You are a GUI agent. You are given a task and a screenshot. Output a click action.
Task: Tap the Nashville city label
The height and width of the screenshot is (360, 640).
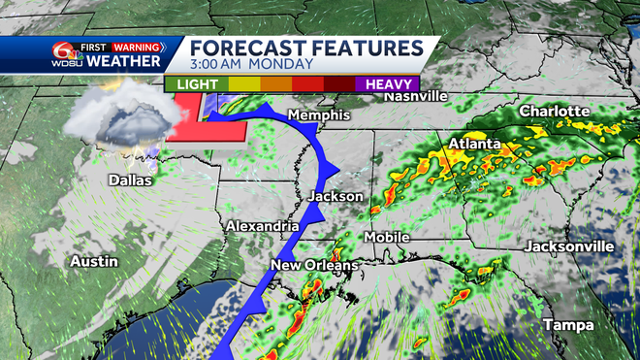click(x=415, y=96)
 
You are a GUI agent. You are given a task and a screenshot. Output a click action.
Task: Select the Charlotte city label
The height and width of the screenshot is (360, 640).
click(x=555, y=112)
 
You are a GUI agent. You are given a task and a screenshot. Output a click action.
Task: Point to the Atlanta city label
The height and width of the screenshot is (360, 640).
click(x=474, y=145)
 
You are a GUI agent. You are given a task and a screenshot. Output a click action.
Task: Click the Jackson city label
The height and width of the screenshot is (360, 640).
click(x=336, y=196)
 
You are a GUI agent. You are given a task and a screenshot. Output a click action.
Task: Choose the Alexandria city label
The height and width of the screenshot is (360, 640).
click(x=262, y=226)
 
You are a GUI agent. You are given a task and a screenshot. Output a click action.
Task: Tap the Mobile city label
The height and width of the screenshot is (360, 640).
click(x=387, y=237)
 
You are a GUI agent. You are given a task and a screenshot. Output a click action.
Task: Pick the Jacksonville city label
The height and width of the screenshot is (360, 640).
click(x=569, y=246)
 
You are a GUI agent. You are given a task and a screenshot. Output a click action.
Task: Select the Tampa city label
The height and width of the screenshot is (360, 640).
click(x=568, y=323)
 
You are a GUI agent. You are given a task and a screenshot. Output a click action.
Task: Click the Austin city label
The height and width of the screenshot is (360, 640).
click(x=94, y=261)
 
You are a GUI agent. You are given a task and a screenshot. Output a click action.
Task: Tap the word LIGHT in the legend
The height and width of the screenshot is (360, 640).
click(x=196, y=84)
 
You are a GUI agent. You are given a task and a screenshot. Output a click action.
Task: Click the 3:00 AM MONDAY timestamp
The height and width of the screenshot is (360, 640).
click(x=251, y=65)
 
